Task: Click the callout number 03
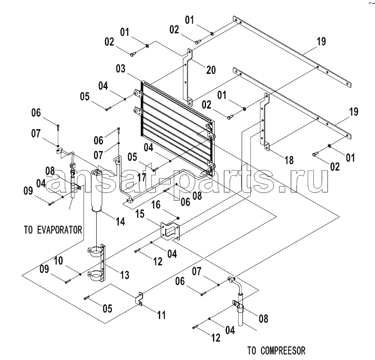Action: [x=121, y=69]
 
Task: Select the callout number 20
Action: [x=211, y=70]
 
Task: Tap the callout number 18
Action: [x=289, y=160]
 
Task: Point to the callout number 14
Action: [x=121, y=221]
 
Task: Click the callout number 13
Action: [x=124, y=275]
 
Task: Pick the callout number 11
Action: [x=162, y=315]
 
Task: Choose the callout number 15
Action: [x=140, y=214]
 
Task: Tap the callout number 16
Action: [x=156, y=205]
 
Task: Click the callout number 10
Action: [x=58, y=261]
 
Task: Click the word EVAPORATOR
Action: [x=60, y=230]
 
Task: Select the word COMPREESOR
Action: [x=283, y=350]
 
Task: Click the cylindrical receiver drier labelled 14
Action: [x=97, y=190]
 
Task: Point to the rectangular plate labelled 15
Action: [x=171, y=230]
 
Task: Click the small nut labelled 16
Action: [x=178, y=218]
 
